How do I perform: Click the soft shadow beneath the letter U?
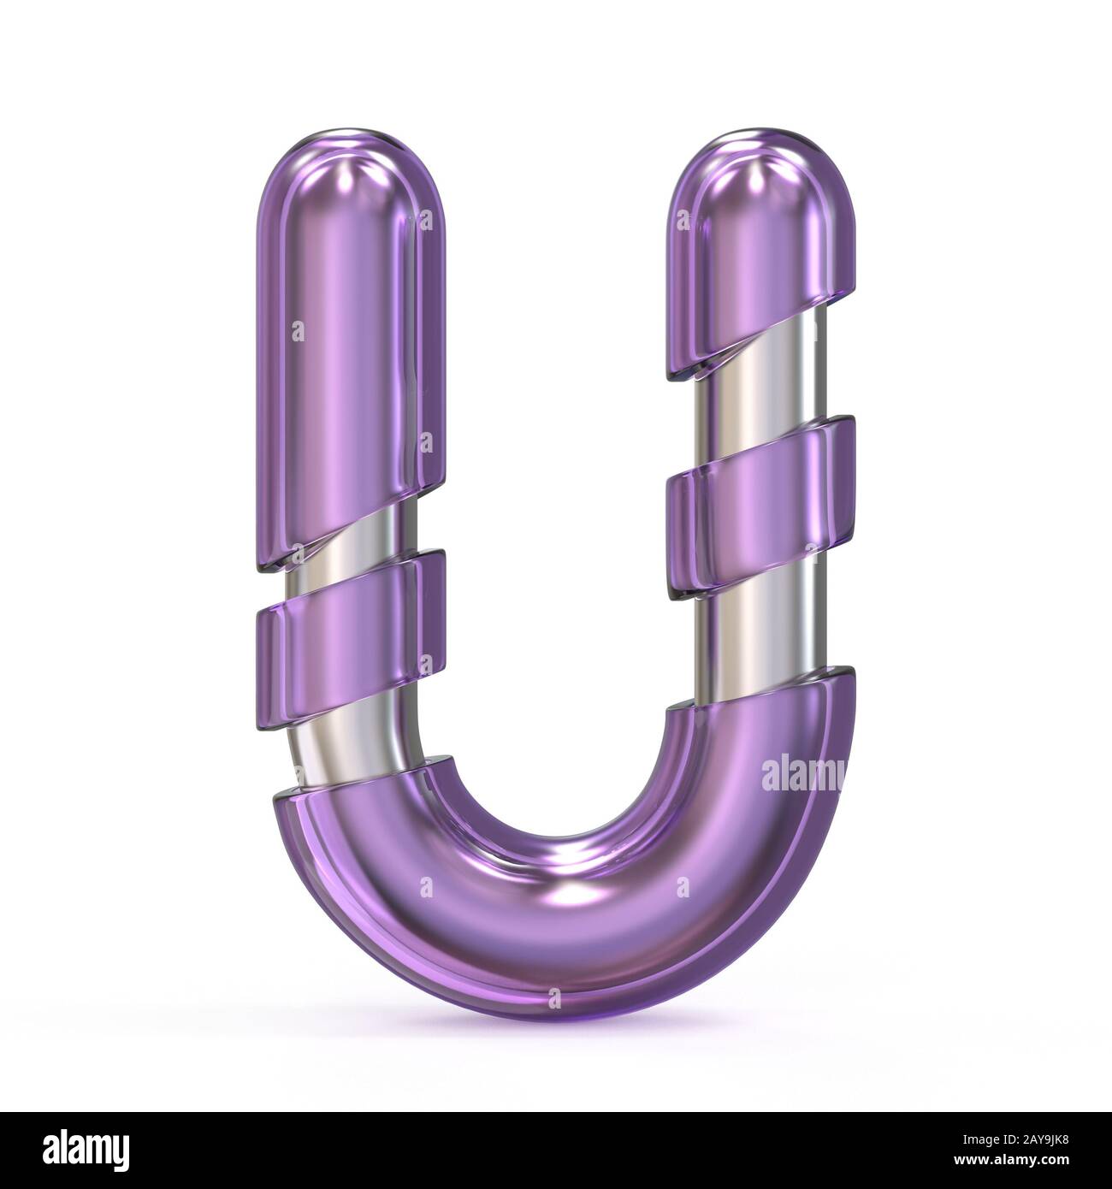point(556,1039)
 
